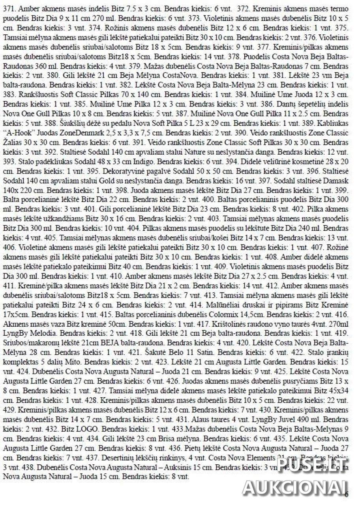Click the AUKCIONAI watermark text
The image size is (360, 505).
click(295, 488)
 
